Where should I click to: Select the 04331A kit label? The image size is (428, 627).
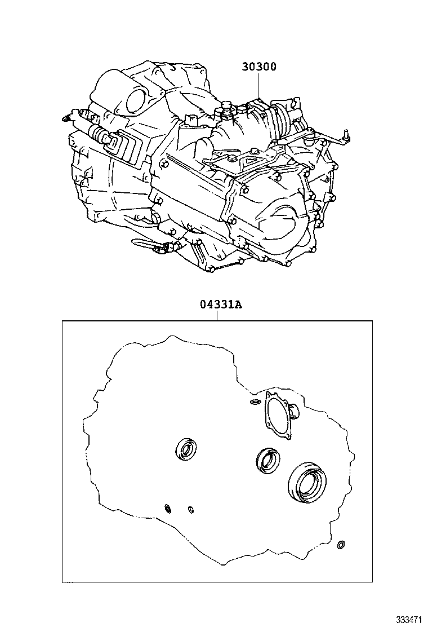pos(220,305)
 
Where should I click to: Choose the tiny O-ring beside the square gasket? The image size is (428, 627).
pos(255,402)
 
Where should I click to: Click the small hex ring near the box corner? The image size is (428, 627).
pos(340,545)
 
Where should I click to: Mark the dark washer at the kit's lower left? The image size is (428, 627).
pos(167,509)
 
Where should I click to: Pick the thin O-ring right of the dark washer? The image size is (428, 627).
pos(190,510)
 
